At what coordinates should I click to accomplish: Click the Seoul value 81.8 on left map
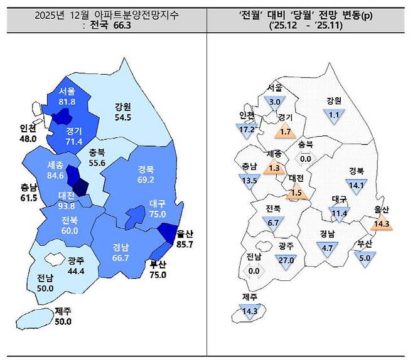pos(63,102)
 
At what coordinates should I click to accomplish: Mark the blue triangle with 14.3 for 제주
pos(250,309)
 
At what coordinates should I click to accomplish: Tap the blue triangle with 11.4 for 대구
pos(340,213)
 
